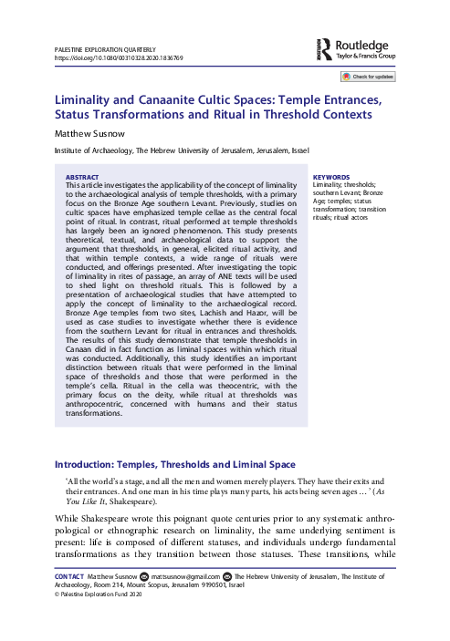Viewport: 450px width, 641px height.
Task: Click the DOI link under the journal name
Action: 119,57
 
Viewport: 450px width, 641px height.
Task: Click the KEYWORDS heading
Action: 330,177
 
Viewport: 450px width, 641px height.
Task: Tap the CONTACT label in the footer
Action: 70,602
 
